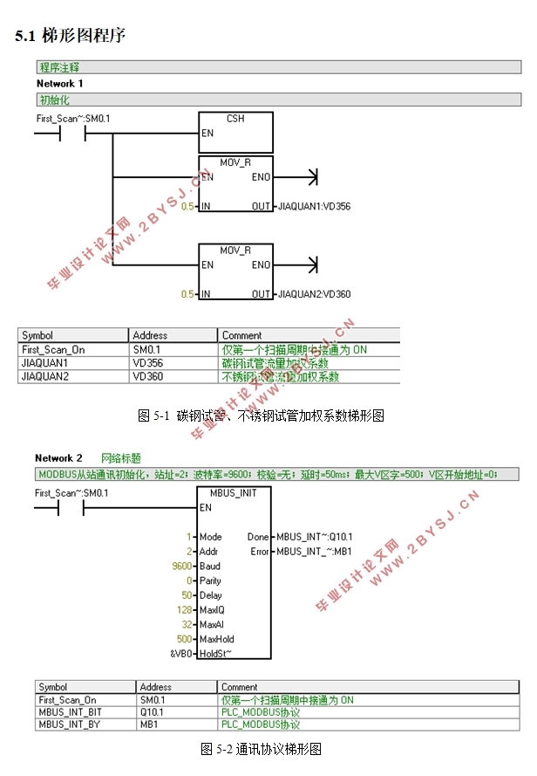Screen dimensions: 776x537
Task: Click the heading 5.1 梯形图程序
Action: pos(71,36)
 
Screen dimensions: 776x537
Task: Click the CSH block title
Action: pos(235,118)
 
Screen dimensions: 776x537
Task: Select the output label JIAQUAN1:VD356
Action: pos(313,207)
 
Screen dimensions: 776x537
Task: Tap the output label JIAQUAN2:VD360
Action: pos(313,294)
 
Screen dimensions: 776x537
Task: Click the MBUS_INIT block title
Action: pos(235,492)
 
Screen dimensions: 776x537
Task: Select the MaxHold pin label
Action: pos(217,639)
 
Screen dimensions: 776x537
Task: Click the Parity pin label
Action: pos(210,580)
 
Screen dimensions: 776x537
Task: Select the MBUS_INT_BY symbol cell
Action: pos(70,724)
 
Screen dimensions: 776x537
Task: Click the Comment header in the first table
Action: pos(241,335)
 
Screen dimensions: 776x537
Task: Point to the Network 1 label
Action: pos(59,83)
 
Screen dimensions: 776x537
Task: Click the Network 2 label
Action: pos(58,458)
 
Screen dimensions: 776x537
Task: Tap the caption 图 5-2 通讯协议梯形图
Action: pos(262,749)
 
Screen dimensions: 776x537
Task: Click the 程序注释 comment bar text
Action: pos(58,66)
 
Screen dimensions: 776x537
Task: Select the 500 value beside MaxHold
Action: pos(184,639)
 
